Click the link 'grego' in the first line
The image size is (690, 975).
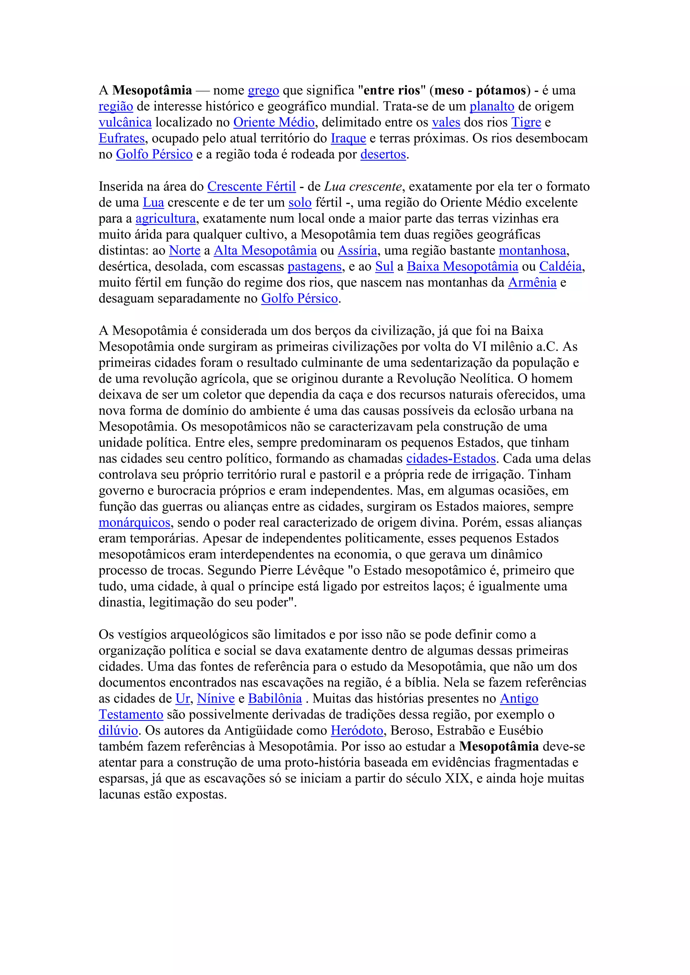tap(263, 91)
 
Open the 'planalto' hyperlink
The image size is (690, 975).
tap(492, 107)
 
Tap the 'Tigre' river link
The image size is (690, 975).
tap(526, 123)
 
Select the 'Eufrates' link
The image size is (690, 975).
tap(122, 138)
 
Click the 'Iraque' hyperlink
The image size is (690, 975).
tap(348, 138)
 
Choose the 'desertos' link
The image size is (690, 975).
tap(383, 155)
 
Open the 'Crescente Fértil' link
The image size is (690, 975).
tap(252, 187)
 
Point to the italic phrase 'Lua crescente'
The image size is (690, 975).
tap(363, 187)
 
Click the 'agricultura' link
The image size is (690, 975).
tap(166, 219)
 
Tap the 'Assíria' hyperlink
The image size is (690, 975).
tap(357, 250)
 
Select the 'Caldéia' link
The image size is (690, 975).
tap(560, 267)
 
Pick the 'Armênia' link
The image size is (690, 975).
tap(532, 283)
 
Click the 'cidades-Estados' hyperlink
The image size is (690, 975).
tap(451, 459)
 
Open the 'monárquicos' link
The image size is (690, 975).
tap(135, 523)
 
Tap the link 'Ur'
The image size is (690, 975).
tap(183, 699)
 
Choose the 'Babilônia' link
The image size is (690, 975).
tap(275, 699)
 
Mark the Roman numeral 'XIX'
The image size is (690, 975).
tap(457, 778)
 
